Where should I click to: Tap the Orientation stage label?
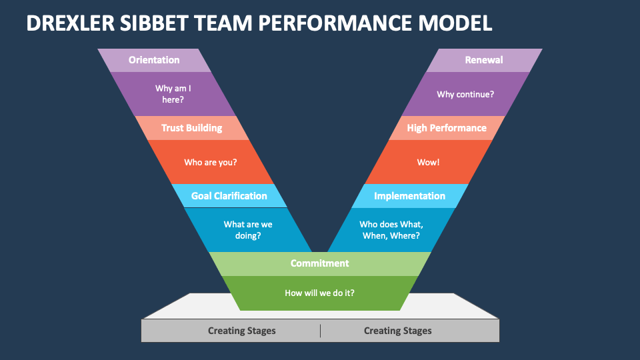tap(154, 60)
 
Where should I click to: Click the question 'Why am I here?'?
tap(173, 94)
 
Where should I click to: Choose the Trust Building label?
tap(191, 128)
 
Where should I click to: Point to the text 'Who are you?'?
tap(210, 162)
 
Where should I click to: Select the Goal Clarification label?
tap(229, 196)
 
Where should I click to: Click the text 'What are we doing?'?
tap(247, 230)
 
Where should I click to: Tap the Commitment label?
tap(319, 263)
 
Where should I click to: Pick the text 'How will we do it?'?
tap(319, 293)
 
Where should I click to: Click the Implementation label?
tap(409, 196)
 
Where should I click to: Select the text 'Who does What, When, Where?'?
tap(391, 230)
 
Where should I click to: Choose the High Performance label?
tap(447, 128)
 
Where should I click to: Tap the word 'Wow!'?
tap(428, 162)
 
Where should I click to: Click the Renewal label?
tap(484, 60)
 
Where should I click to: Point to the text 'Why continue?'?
tap(465, 94)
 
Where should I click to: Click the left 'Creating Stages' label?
tap(241, 331)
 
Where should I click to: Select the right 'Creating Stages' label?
tap(397, 331)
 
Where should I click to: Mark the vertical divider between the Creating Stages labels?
tap(320, 331)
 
